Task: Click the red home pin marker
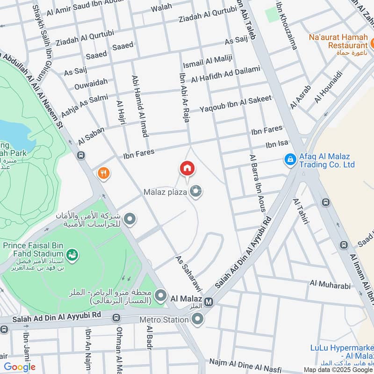pyautogui.click(x=187, y=168)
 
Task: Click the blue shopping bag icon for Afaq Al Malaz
pyautogui.click(x=290, y=160)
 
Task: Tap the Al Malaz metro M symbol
pyautogui.click(x=209, y=302)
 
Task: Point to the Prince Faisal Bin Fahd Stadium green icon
pyautogui.click(x=73, y=255)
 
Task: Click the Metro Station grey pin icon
pyautogui.click(x=197, y=320)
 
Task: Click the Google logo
pyautogui.click(x=20, y=367)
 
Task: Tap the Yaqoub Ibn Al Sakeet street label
pyautogui.click(x=236, y=103)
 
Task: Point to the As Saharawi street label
pyautogui.click(x=189, y=274)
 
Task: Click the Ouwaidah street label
pyautogui.click(x=91, y=83)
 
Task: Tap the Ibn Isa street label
pyautogui.click(x=277, y=144)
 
